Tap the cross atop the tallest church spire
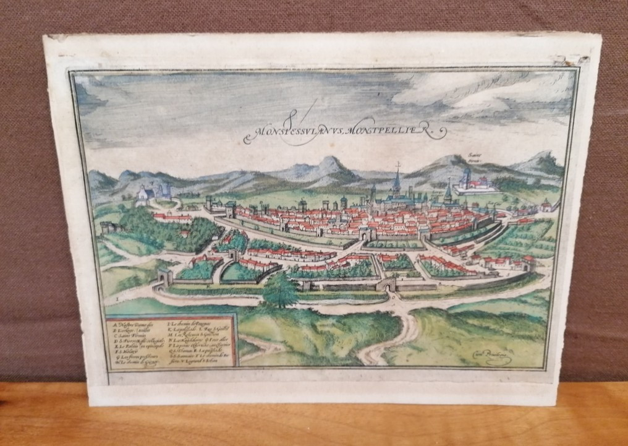397,166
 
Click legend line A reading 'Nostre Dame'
130,322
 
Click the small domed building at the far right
545,205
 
